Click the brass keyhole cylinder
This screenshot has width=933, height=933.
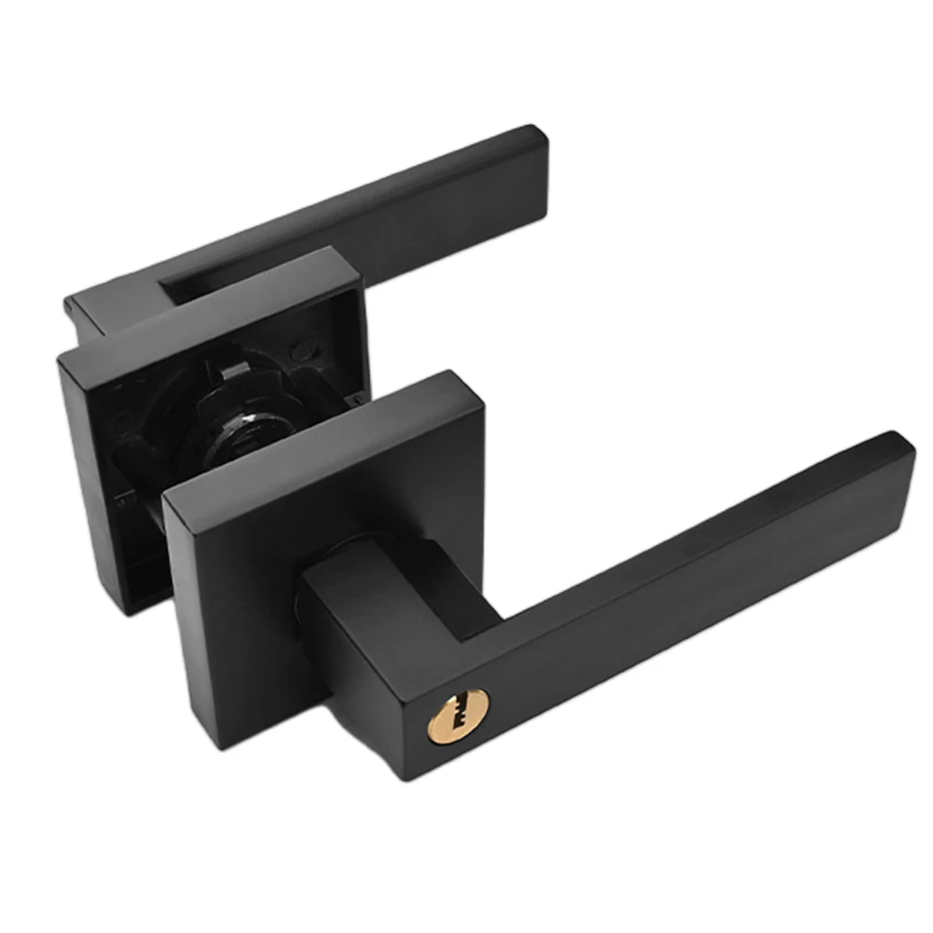pyautogui.click(x=457, y=717)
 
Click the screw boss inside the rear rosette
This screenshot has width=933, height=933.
pyautogui.click(x=300, y=351)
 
